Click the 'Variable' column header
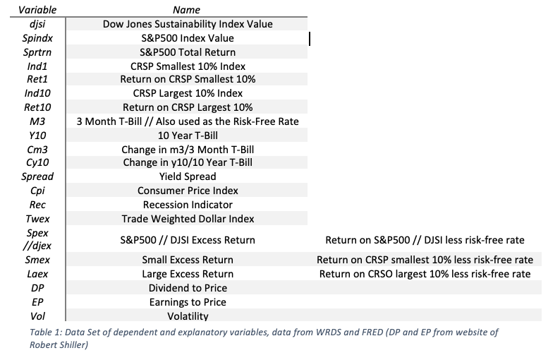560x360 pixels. (x=32, y=10)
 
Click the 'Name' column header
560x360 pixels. (x=187, y=10)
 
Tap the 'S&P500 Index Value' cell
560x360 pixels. (x=187, y=38)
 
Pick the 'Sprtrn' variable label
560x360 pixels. (x=32, y=52)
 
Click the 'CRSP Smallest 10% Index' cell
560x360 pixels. (x=187, y=66)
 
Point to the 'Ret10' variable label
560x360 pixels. (x=32, y=107)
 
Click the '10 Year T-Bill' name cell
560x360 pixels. (x=187, y=135)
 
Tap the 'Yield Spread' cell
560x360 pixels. (x=187, y=176)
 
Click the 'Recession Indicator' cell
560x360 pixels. (x=187, y=205)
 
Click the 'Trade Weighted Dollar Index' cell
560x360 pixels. (x=187, y=219)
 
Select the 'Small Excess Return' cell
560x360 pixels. (x=187, y=260)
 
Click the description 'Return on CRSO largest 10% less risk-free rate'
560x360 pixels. (x=425, y=274)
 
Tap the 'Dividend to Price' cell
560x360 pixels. (x=187, y=288)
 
